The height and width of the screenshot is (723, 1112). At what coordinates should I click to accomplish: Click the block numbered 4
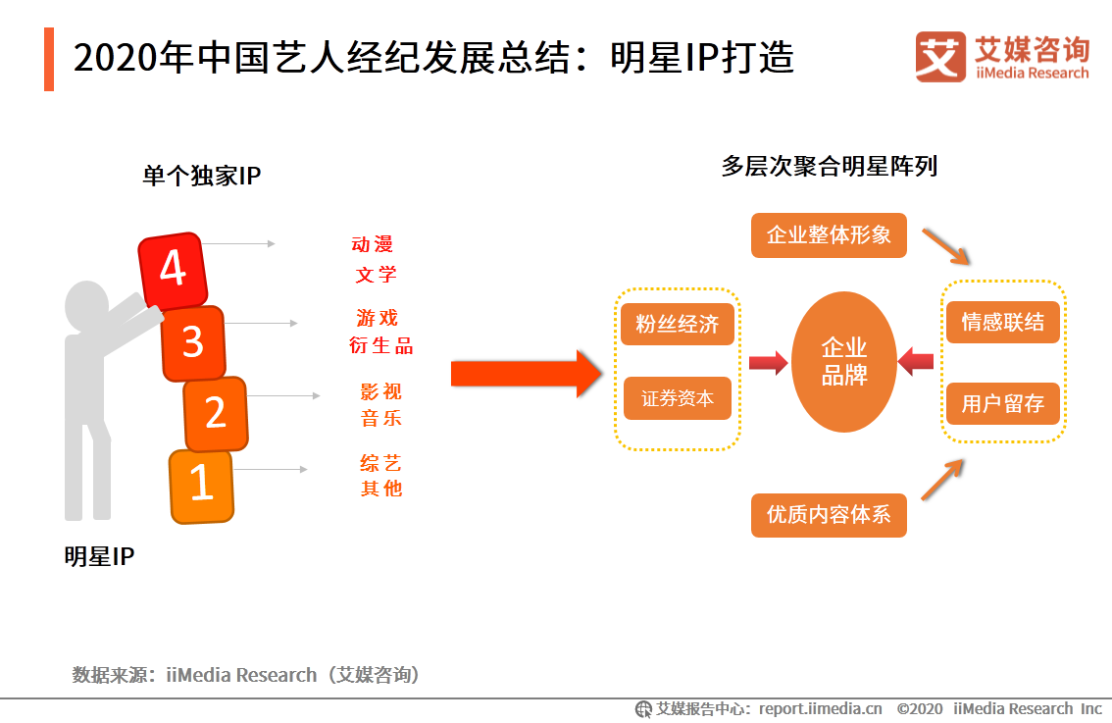(173, 269)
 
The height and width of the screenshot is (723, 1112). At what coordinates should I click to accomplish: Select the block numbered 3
(193, 342)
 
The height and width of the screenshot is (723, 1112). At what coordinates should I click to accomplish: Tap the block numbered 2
(216, 413)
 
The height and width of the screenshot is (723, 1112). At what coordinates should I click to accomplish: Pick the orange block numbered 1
(201, 485)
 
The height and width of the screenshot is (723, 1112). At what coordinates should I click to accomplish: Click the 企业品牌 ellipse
(843, 362)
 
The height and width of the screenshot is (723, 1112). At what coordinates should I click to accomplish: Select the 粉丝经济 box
(677, 325)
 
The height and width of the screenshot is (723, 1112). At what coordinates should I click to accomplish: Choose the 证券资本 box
(677, 398)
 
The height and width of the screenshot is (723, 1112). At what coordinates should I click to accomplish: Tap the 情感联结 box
(1002, 322)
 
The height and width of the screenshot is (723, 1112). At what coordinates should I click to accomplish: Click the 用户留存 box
(1002, 403)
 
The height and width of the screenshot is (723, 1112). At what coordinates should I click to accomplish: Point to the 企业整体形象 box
(829, 235)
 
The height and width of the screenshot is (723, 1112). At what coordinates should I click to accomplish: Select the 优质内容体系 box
(829, 515)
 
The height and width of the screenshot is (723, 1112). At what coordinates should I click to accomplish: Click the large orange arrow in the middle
(525, 373)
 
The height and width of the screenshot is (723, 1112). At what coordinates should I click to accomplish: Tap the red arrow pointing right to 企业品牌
(768, 364)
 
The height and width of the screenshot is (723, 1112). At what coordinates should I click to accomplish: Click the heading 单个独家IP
(201, 176)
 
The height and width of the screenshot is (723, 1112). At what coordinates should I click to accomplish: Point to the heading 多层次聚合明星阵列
(829, 167)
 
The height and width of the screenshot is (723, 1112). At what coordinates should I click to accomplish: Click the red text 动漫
(373, 244)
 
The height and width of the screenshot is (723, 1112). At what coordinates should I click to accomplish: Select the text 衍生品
(380, 345)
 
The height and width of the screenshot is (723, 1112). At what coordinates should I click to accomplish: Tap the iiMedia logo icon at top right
(940, 57)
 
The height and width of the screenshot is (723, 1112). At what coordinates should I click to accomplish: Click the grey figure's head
(86, 305)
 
